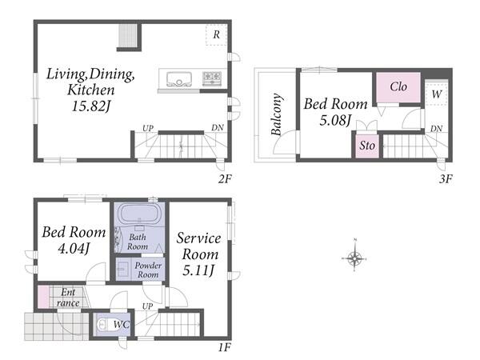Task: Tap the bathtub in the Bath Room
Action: pos(139,214)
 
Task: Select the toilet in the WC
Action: pos(102,324)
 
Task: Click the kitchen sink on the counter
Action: pos(179,78)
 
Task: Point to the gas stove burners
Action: pos(212,78)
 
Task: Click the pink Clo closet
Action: pos(398,87)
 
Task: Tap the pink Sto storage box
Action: pos(367,146)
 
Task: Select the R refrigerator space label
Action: pos(217,34)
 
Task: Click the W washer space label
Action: pos(437,94)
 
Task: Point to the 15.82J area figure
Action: pos(90,106)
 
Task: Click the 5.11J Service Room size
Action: pos(199,270)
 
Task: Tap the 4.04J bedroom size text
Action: pos(74,248)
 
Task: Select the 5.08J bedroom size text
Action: pos(335,120)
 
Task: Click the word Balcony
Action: pos(277,114)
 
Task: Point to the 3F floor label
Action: pos(446,178)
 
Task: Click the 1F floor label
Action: pos(224,347)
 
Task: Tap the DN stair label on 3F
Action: pos(436,129)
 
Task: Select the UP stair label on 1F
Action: pos(147,306)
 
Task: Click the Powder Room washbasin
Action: pos(123,270)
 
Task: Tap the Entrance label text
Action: pos(68,298)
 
